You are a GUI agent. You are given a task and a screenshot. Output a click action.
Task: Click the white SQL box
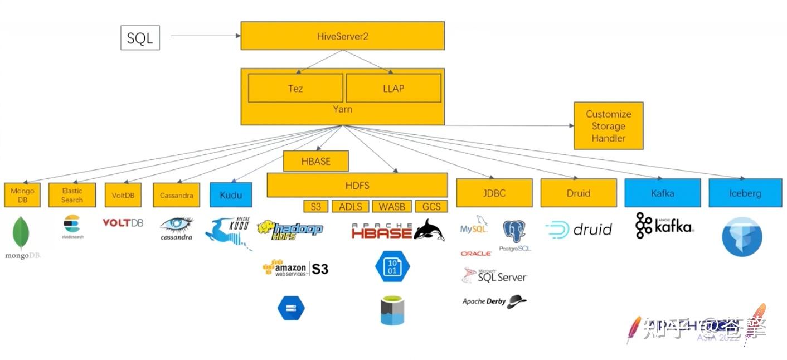pyautogui.click(x=140, y=37)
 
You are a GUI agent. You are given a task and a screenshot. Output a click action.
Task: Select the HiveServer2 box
pyautogui.click(x=342, y=36)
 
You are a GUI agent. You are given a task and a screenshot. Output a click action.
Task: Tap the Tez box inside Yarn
pyautogui.click(x=295, y=88)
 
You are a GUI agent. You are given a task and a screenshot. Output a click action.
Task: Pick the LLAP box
pyautogui.click(x=394, y=88)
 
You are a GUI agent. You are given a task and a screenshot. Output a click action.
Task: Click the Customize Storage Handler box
pyautogui.click(x=609, y=125)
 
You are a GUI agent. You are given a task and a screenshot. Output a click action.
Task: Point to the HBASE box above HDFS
pyautogui.click(x=316, y=161)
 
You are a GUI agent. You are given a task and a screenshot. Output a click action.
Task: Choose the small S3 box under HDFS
pyautogui.click(x=316, y=206)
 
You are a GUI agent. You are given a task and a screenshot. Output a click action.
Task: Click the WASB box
pyautogui.click(x=392, y=206)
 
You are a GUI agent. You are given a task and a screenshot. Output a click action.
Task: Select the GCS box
pyautogui.click(x=431, y=206)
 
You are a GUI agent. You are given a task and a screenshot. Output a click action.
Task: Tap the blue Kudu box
pyautogui.click(x=231, y=195)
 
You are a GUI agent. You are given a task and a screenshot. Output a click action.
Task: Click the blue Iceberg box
pyautogui.click(x=745, y=193)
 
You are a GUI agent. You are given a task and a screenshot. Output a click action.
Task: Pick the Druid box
pyautogui.click(x=579, y=193)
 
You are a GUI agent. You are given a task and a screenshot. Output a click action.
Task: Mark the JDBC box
pyautogui.click(x=493, y=193)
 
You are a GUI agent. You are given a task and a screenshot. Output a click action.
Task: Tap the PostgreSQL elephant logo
pyautogui.click(x=514, y=232)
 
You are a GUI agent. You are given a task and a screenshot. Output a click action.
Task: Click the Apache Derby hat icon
pyautogui.click(x=517, y=301)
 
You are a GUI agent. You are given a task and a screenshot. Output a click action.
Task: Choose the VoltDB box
pyautogui.click(x=123, y=195)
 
